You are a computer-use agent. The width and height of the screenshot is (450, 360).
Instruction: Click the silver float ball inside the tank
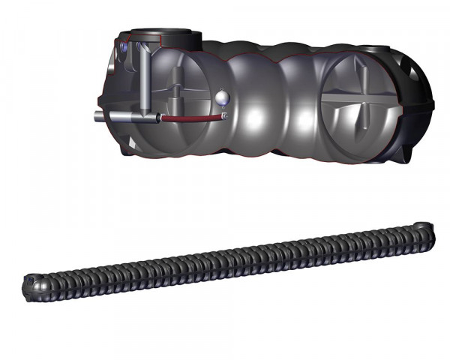222,96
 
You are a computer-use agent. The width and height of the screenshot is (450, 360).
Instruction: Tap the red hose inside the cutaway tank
191,118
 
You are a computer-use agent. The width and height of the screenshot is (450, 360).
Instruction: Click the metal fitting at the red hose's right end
224,117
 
